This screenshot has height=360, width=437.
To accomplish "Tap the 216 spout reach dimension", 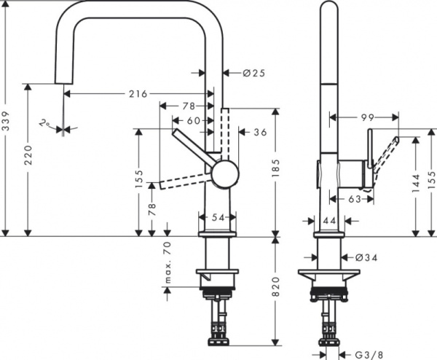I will [138, 94].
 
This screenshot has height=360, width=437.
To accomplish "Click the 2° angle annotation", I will [47, 125].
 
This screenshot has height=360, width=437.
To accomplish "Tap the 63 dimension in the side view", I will [355, 197].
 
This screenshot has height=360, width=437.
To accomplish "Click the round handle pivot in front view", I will [224, 175].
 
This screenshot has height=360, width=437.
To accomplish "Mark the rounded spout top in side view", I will [328, 9].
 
